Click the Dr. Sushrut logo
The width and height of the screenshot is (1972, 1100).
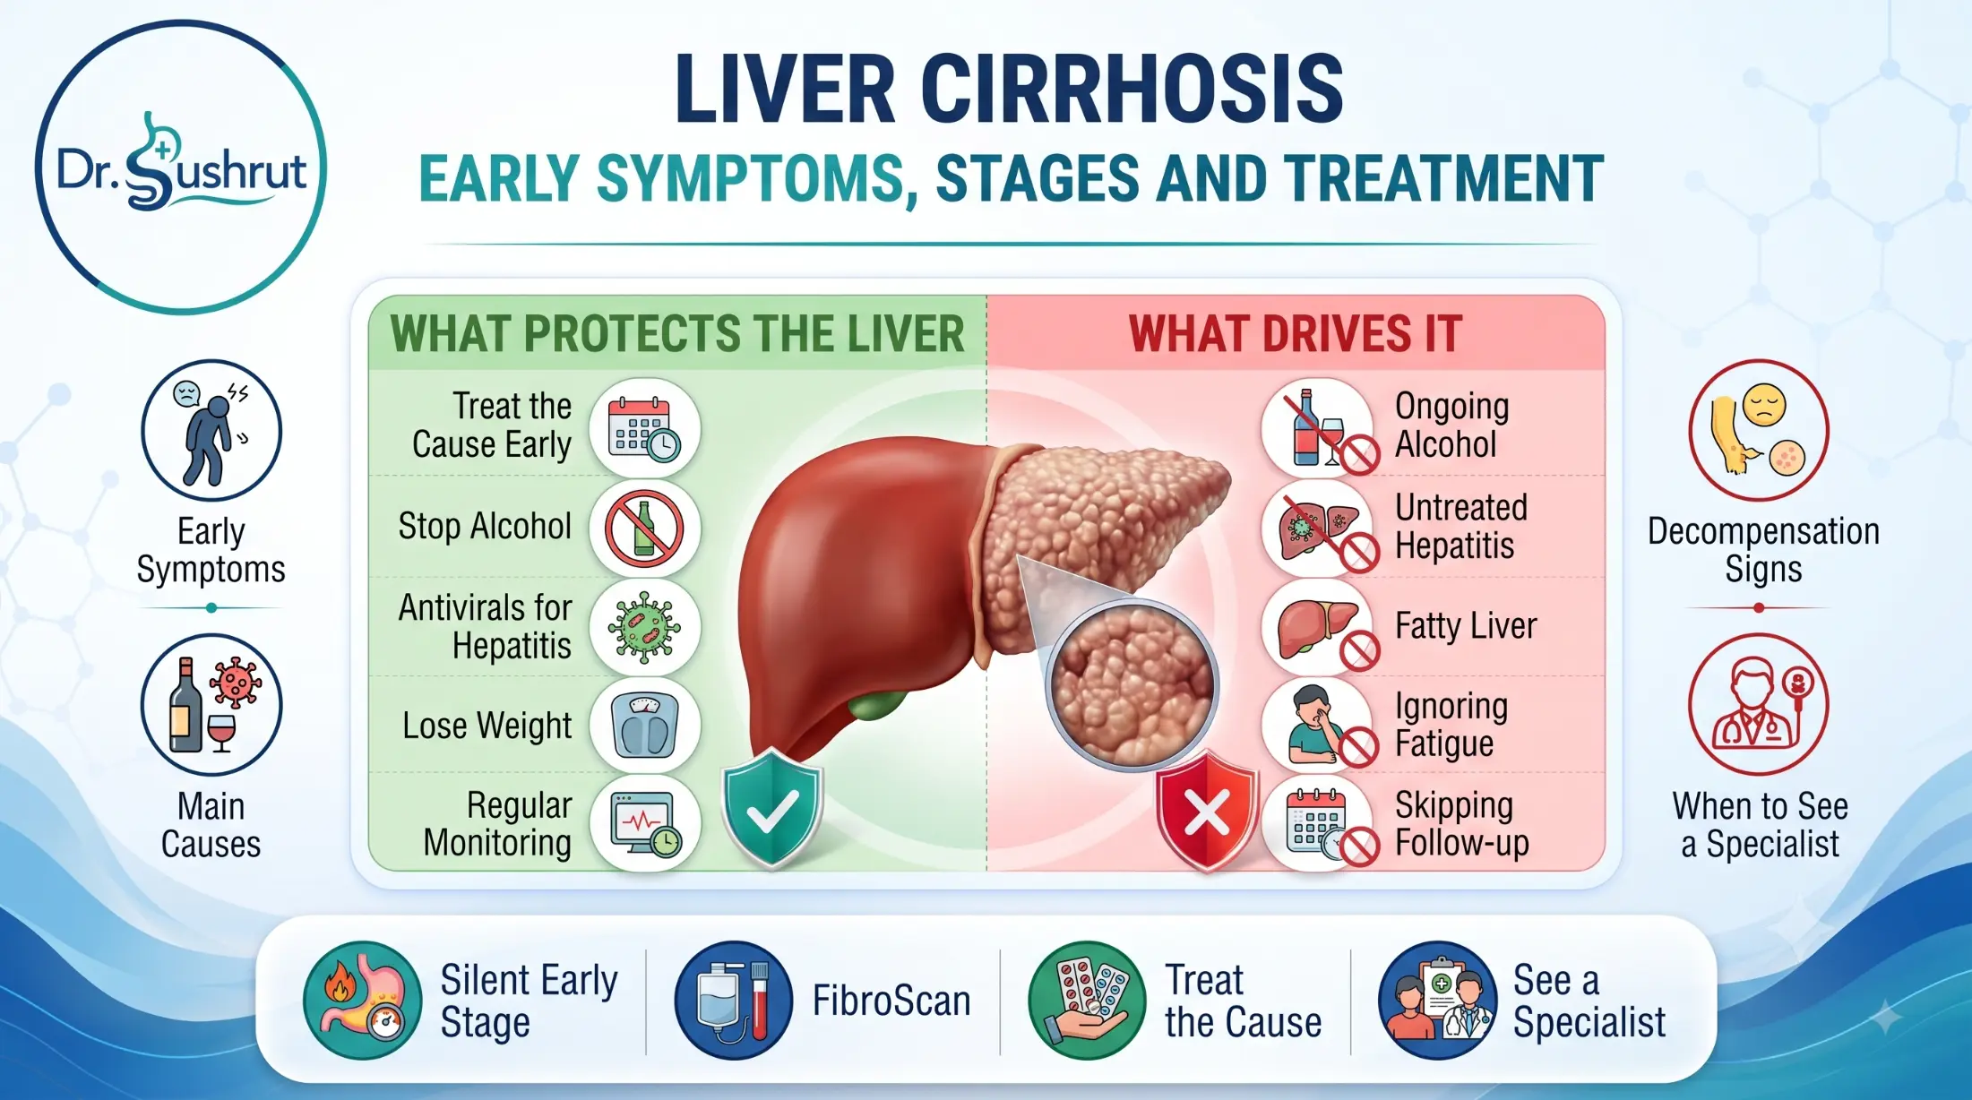181,168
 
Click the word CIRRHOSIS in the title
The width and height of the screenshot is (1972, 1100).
1132,89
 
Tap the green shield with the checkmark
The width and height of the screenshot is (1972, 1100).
772,810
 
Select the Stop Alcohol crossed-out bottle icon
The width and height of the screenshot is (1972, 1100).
644,528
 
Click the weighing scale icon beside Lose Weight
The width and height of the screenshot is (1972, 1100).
644,725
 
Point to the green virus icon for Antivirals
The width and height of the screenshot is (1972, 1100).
644,626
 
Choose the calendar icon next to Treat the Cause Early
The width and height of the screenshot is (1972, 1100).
644,427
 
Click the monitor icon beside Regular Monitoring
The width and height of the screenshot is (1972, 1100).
644,823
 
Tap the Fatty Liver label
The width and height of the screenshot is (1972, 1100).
1466,626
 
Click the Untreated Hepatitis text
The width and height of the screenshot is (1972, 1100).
1460,527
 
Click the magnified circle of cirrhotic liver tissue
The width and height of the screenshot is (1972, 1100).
1132,685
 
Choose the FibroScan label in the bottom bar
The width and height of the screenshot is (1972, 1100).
891,1001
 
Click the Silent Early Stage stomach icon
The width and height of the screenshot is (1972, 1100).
362,1001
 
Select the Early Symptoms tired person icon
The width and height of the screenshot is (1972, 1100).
211,430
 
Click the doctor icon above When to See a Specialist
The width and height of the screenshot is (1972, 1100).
1759,704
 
